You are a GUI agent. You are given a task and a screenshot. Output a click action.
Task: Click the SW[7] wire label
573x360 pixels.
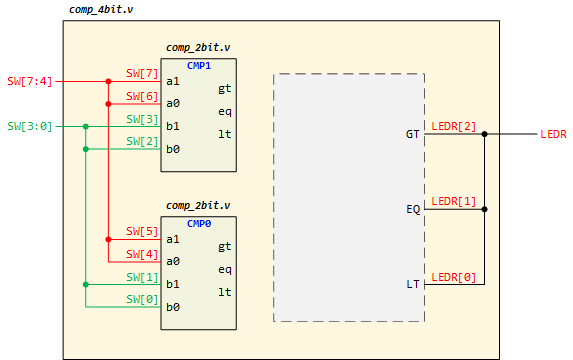click(x=142, y=74)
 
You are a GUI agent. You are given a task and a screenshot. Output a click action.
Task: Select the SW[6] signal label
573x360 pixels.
click(x=142, y=96)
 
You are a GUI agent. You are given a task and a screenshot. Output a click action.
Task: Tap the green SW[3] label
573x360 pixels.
click(x=142, y=119)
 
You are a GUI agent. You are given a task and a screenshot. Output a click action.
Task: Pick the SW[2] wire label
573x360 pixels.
click(x=142, y=141)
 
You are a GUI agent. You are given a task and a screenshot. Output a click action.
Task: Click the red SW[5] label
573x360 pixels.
click(x=142, y=231)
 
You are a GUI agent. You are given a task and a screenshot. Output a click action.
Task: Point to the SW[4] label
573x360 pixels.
click(x=142, y=254)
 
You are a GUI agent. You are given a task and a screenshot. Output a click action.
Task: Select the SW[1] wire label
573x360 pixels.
click(x=142, y=277)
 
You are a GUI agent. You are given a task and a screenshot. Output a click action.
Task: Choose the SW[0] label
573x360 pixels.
click(x=142, y=299)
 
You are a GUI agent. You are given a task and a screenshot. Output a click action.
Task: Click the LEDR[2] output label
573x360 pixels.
click(x=453, y=126)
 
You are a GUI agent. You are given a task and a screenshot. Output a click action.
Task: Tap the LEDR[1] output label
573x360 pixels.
click(x=453, y=202)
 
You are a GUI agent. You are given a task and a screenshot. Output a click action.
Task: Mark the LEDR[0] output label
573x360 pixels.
click(x=453, y=277)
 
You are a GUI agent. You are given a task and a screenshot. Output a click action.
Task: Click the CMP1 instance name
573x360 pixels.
click(x=199, y=66)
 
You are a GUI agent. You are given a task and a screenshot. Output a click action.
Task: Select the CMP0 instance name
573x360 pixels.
click(x=199, y=224)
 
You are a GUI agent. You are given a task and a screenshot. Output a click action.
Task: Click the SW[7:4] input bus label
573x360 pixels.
click(x=28, y=81)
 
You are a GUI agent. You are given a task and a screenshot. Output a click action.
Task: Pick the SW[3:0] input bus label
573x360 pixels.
click(x=28, y=126)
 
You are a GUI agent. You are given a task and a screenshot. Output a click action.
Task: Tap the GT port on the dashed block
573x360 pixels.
click(x=413, y=134)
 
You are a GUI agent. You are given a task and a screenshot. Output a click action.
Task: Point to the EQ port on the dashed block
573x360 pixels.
click(x=413, y=210)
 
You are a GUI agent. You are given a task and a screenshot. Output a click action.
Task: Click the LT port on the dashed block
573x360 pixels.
click(x=413, y=285)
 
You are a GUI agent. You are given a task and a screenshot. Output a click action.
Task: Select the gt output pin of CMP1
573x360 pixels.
click(x=224, y=88)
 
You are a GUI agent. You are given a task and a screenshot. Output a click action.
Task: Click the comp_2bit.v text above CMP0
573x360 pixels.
click(x=198, y=205)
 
